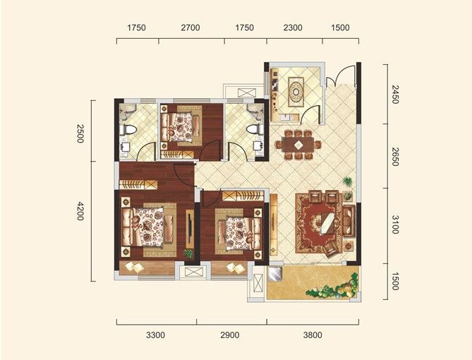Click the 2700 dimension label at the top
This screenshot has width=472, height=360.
click(x=190, y=28)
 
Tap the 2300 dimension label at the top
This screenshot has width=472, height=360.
click(x=293, y=28)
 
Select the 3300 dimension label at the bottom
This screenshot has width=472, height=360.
click(x=155, y=335)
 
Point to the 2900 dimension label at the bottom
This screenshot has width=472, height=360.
click(x=230, y=335)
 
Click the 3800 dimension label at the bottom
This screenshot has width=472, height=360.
click(x=313, y=335)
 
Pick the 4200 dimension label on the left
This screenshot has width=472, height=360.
click(x=80, y=211)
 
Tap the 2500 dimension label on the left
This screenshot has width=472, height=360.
click(x=80, y=133)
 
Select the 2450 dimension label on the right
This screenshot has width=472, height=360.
click(x=395, y=95)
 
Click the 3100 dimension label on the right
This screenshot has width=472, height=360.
click(x=395, y=224)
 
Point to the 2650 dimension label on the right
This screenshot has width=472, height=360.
click(x=395, y=157)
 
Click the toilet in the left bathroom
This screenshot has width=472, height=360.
click(x=128, y=130)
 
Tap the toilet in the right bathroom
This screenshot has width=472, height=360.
click(x=255, y=129)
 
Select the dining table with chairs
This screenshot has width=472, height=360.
click(x=298, y=144)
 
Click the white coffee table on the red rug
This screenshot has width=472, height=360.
click(x=326, y=224)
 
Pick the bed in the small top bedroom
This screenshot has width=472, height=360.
click(x=181, y=127)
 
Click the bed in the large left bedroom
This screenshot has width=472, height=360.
click(x=148, y=227)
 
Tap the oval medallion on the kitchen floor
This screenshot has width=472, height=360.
click(x=296, y=92)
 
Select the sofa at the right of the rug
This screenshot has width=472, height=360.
click(x=349, y=221)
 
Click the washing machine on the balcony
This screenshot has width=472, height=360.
click(x=275, y=274)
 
